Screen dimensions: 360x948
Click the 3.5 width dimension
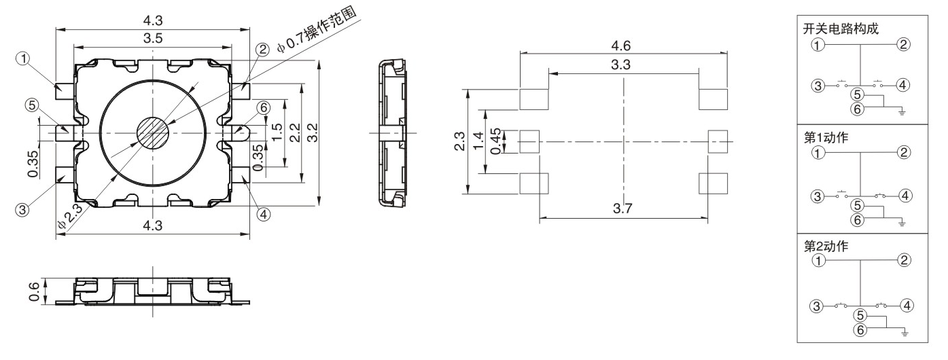pos(152,39)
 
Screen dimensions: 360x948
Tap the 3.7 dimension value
pos(622,209)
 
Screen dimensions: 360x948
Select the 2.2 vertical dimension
pos(293,131)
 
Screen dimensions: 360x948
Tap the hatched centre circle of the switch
pos(153,131)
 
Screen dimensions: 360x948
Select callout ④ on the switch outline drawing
pos(264,214)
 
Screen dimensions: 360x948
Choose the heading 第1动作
pos(822,136)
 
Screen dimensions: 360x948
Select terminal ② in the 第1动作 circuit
pos(902,152)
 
